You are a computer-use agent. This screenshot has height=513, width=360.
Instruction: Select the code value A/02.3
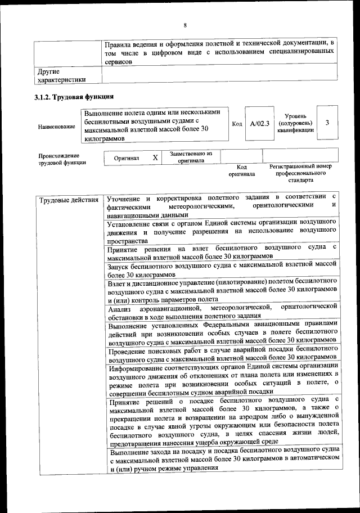(260, 123)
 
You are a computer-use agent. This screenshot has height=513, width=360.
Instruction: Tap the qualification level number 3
(327, 123)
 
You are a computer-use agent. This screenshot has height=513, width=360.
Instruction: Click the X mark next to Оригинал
(155, 158)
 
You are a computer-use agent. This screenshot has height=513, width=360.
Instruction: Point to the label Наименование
(57, 127)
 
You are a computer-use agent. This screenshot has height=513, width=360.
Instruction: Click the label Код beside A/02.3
(237, 123)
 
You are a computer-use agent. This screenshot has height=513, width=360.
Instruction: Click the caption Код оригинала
(241, 170)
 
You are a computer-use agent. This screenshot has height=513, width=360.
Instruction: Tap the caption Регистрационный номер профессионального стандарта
(300, 173)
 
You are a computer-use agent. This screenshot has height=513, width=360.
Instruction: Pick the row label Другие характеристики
(61, 75)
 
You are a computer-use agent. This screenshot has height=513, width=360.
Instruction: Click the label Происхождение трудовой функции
(62, 159)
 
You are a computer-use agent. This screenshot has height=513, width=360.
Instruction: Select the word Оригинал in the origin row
(126, 159)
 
